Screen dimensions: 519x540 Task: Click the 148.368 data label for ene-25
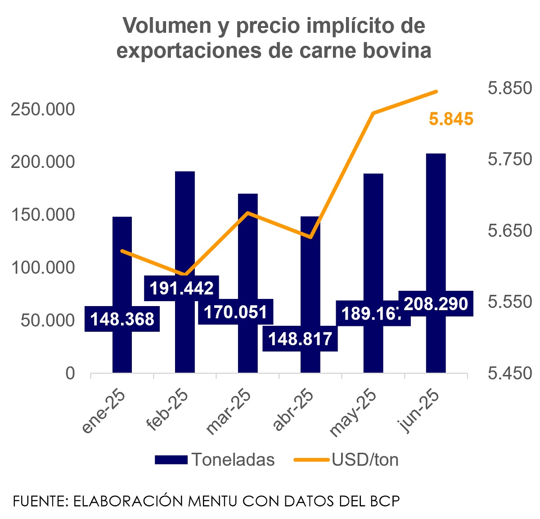(122, 319)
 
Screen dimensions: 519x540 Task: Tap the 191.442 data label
(181, 288)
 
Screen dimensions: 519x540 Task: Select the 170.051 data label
(235, 311)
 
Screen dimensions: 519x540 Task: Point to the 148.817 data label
(300, 338)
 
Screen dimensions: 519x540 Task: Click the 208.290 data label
(436, 304)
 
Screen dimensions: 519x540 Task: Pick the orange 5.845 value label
(451, 119)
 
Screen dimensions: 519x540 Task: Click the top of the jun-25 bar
(436, 154)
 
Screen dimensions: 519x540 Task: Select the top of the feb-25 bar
(185, 172)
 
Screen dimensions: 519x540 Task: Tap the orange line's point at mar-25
(248, 212)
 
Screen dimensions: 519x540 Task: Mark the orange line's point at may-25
(373, 113)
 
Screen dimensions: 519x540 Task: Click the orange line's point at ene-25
(122, 251)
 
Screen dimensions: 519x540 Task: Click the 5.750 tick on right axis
(510, 159)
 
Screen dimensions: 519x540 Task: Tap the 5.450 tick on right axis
(510, 373)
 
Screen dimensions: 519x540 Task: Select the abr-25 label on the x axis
(293, 410)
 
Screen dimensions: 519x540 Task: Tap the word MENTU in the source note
(213, 501)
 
